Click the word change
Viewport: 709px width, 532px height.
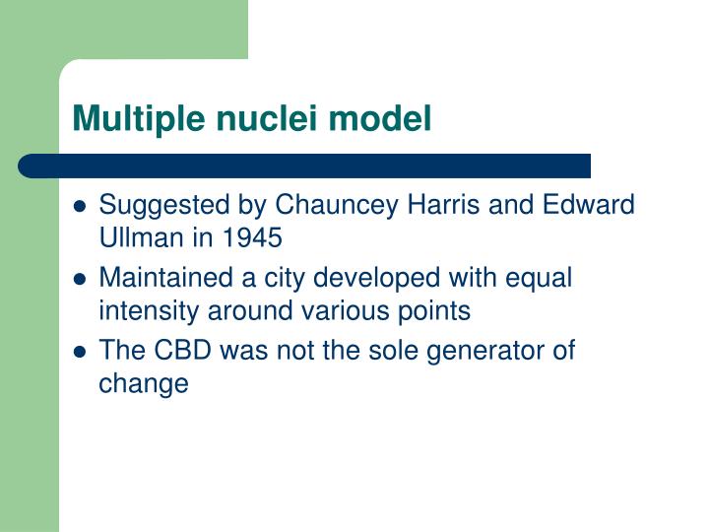143,384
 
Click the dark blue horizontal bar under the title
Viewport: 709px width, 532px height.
305,166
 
